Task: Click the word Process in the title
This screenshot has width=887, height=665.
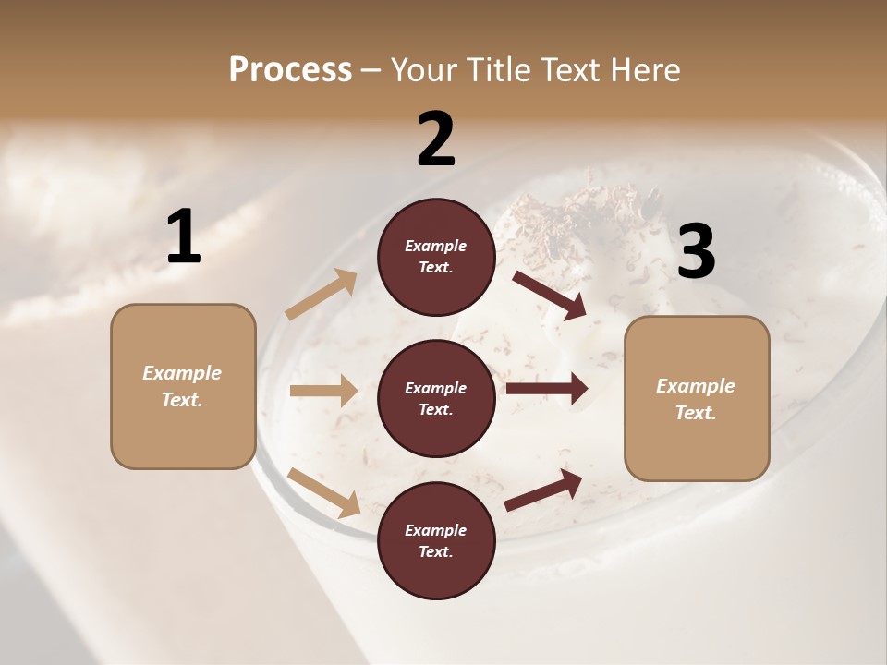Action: pyautogui.click(x=290, y=70)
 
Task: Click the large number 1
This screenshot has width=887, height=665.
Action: pyautogui.click(x=184, y=237)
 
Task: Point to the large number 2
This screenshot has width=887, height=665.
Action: pyautogui.click(x=436, y=139)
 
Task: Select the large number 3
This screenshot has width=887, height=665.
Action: pyautogui.click(x=696, y=252)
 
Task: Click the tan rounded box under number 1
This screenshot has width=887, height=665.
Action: pyautogui.click(x=183, y=386)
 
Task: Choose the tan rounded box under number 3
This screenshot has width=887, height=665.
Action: pyautogui.click(x=697, y=398)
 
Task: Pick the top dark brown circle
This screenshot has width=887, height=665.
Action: pyautogui.click(x=436, y=257)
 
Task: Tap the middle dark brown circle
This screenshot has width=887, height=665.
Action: pyautogui.click(x=436, y=398)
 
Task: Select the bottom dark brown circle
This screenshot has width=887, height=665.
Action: pyautogui.click(x=436, y=540)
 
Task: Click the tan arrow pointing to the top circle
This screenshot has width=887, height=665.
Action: pyautogui.click(x=321, y=295)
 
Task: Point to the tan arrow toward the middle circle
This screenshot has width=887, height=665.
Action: pyautogui.click(x=322, y=391)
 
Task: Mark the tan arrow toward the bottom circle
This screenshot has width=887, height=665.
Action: pyautogui.click(x=323, y=491)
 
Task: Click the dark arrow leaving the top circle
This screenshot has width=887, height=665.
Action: pyautogui.click(x=549, y=295)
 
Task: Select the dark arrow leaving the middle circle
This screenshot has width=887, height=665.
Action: pyautogui.click(x=546, y=389)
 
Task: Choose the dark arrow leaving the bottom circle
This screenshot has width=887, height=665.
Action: pyautogui.click(x=543, y=490)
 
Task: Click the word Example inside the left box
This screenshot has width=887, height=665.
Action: pyautogui.click(x=182, y=373)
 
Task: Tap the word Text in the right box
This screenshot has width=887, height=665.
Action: pyautogui.click(x=694, y=413)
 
